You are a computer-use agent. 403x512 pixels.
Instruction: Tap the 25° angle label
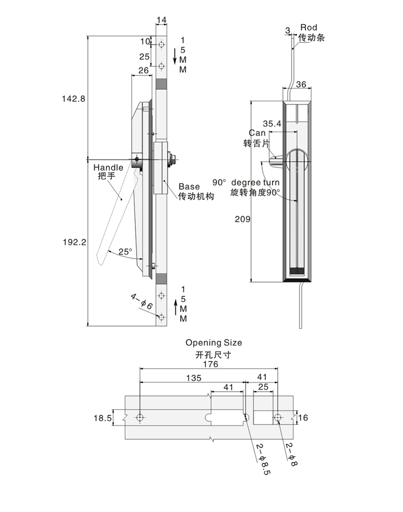(125, 251)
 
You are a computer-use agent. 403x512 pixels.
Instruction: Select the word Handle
(108, 167)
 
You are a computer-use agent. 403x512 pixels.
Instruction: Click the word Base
(189, 187)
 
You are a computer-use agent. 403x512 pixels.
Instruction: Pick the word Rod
(308, 27)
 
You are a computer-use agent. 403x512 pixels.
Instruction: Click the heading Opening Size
(214, 343)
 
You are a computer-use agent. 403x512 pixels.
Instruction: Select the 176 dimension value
(210, 364)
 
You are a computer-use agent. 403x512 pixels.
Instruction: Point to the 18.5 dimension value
(102, 418)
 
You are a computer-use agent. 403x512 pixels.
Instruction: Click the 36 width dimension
(301, 85)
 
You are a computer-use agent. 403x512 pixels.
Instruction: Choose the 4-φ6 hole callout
(142, 302)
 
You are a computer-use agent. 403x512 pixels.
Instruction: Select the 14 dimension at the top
(162, 20)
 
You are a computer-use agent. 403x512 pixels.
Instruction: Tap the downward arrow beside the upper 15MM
(175, 52)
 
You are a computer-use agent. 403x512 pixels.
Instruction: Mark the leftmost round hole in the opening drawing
(140, 418)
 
